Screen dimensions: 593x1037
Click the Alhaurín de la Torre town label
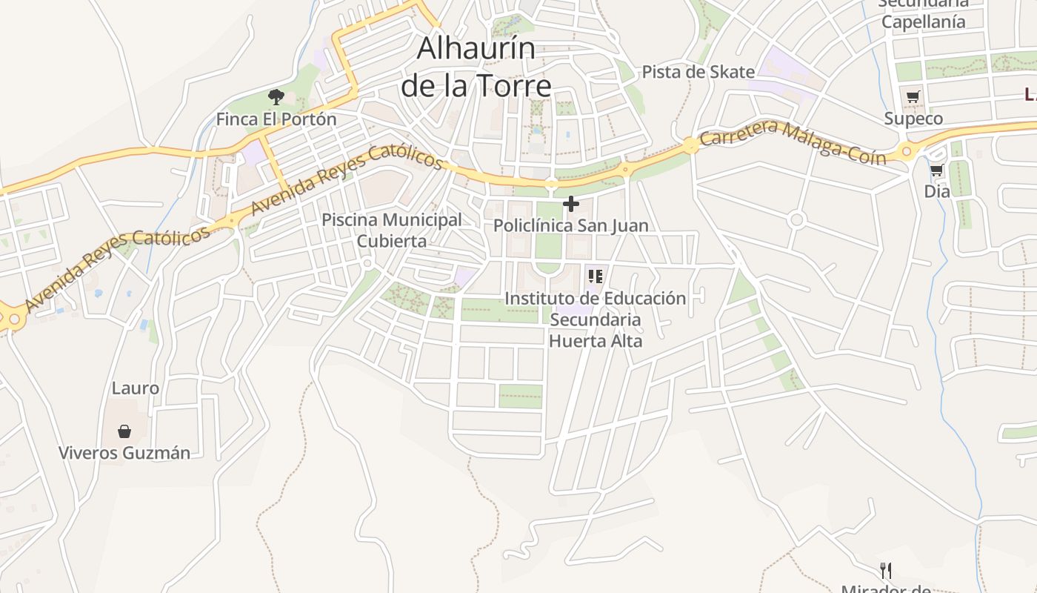coord(476,67)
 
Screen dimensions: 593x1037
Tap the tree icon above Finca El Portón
coord(276,96)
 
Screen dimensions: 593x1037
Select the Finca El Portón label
coord(276,119)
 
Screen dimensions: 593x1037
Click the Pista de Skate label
coord(698,72)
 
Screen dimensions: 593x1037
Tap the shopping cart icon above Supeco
coord(913,96)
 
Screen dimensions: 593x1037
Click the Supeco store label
coord(913,119)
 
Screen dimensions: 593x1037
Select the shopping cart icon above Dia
coord(937,170)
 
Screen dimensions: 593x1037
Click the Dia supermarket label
coord(937,191)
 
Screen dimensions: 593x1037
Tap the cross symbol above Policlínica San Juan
coord(571,204)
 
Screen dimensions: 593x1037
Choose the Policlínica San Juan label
coord(571,225)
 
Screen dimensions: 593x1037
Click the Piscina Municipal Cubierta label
coord(392,230)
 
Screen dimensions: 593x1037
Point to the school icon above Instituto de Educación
coord(595,276)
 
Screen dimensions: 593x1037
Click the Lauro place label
coord(135,388)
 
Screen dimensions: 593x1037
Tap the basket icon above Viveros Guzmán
coord(124,431)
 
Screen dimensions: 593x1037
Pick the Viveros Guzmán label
coord(124,452)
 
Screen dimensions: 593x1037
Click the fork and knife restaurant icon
coord(885,570)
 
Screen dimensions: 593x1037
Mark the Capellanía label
coord(923,21)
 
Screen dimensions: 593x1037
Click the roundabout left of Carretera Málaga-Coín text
coord(691,145)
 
